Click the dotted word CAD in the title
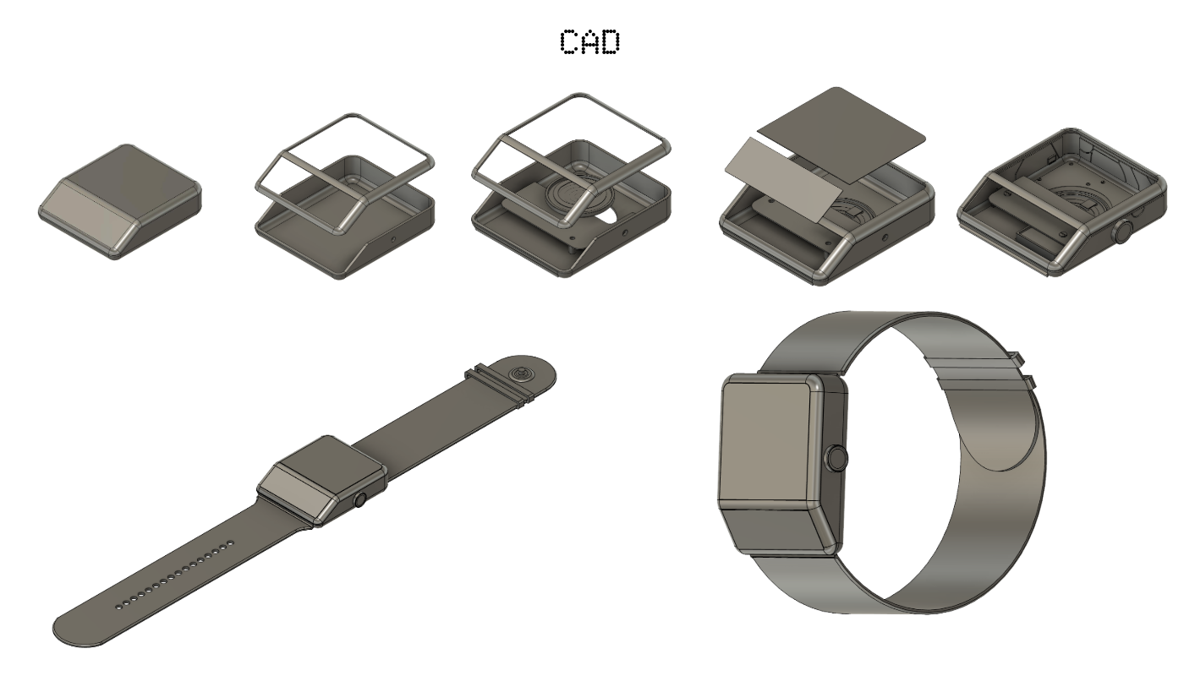click(589, 42)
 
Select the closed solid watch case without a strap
click(120, 201)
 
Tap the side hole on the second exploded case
click(392, 238)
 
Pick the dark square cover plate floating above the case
click(841, 135)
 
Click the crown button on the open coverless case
click(1124, 232)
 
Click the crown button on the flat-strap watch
click(360, 499)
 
